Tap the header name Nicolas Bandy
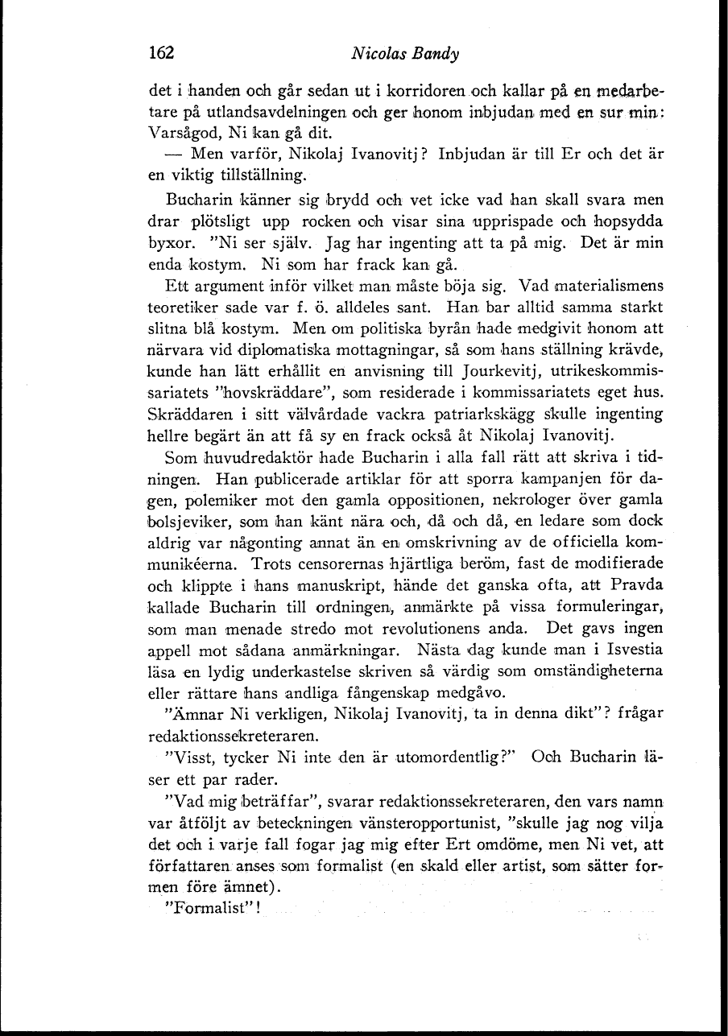click(405, 55)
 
